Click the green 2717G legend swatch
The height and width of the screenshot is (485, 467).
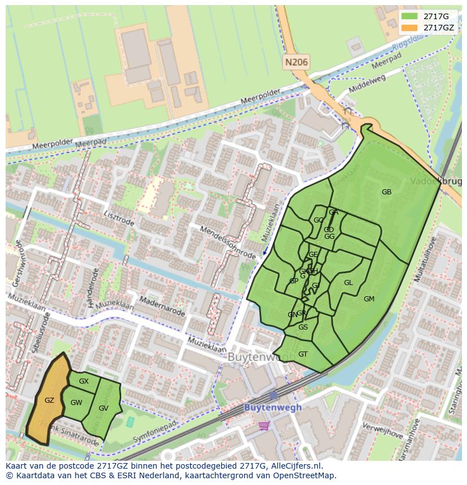point(409,16)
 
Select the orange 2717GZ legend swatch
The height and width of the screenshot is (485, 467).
point(409,28)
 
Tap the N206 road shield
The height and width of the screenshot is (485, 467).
point(296,63)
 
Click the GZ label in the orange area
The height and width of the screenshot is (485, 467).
point(49,401)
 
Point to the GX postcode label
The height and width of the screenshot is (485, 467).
point(83,381)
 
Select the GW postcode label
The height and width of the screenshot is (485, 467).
point(76,403)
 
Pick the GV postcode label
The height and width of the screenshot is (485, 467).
point(103,408)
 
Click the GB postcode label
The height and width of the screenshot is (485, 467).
point(386,192)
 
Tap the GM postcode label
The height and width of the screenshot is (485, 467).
point(369,299)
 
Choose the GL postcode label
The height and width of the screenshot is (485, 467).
point(348,283)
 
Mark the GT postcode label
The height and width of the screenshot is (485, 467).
point(303,354)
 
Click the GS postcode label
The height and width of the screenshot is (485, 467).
point(303,327)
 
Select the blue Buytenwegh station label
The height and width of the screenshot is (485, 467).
point(272,407)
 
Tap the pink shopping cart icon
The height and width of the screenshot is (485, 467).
point(264,426)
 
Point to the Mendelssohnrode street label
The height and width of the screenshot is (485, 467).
point(228,243)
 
